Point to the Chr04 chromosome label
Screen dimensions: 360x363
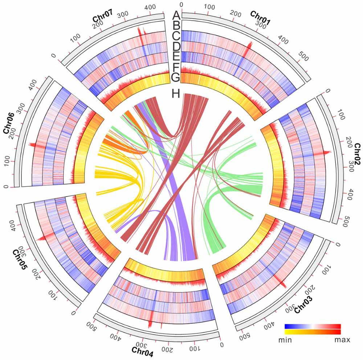point(142,352)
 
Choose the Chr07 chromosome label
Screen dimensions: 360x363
point(103,18)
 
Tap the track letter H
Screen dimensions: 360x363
point(176,94)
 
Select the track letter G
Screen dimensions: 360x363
point(176,77)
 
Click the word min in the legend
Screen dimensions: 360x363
point(286,340)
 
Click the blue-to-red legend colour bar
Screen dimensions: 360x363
point(313,326)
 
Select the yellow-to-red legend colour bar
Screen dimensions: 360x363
point(313,331)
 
